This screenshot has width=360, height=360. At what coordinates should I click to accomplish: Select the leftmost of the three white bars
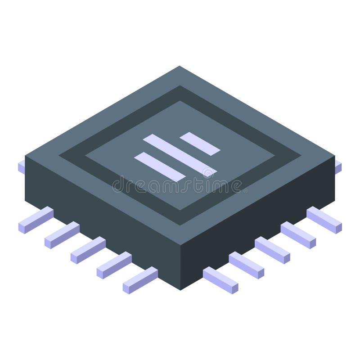pyautogui.click(x=160, y=166)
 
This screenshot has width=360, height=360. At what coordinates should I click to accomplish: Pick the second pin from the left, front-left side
pyautogui.click(x=62, y=235)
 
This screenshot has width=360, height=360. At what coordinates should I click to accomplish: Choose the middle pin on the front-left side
pyautogui.click(x=88, y=250)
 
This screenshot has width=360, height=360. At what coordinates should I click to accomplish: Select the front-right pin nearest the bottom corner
pyautogui.click(x=220, y=280)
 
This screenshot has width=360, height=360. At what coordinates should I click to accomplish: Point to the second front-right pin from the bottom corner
pyautogui.click(x=246, y=265)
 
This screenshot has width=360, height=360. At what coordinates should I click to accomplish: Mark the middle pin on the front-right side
pyautogui.click(x=272, y=250)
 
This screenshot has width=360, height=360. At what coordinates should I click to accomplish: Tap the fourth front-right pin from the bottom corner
pyautogui.click(x=298, y=235)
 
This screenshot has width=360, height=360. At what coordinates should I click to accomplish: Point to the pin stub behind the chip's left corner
pyautogui.click(x=21, y=167)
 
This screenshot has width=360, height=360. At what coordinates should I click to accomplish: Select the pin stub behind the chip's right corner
pyautogui.click(x=338, y=167)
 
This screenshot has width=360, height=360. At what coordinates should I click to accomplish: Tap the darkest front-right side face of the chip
pyautogui.click(x=261, y=216)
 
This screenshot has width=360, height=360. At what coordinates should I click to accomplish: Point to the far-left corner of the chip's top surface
pyautogui.click(x=26, y=157)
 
